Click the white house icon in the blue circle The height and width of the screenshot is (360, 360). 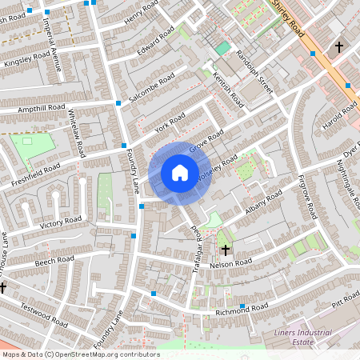(x=180, y=173)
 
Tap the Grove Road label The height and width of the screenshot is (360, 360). (x=204, y=144)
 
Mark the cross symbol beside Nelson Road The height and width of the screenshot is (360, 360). (x=225, y=250)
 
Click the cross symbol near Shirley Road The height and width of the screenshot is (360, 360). (x=338, y=48)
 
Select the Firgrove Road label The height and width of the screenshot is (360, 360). (x=307, y=199)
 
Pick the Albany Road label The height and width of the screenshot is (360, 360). (x=265, y=198)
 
